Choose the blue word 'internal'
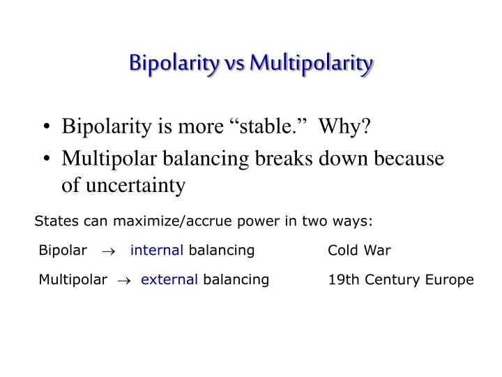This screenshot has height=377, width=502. tap(157, 250)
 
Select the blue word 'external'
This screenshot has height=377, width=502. tap(169, 280)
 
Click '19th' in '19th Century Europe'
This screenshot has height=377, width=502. tap(342, 280)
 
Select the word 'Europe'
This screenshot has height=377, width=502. tap(452, 280)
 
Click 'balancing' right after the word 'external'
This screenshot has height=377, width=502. tap(236, 280)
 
